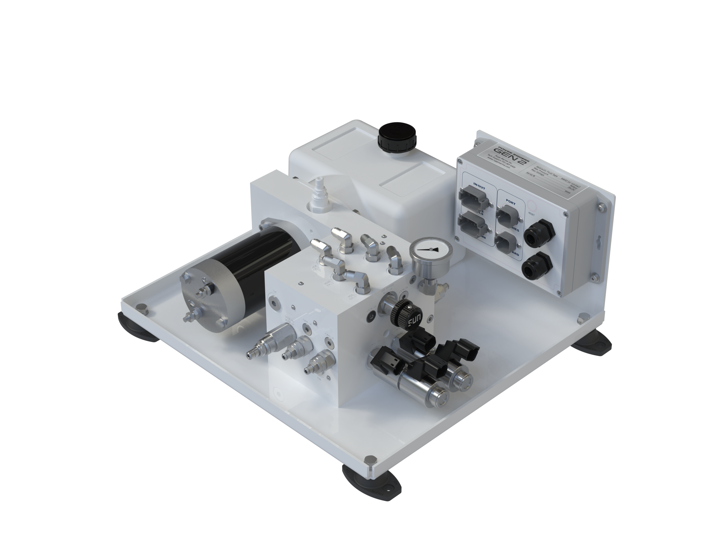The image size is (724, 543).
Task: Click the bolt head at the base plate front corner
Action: point(371,459)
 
